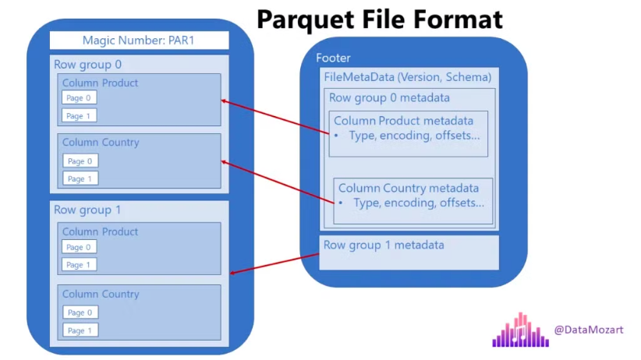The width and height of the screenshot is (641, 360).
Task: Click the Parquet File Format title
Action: click(x=380, y=18)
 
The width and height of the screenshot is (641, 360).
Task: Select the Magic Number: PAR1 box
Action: click(x=139, y=41)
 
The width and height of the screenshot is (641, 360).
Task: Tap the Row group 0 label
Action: click(x=87, y=65)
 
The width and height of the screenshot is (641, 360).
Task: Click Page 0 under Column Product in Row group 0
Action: click(x=79, y=98)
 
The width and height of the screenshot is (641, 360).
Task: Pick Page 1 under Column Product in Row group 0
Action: click(x=79, y=116)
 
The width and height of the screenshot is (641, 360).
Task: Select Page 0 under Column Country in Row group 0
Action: click(x=80, y=161)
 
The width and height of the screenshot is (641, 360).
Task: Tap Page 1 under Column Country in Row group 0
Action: click(x=80, y=178)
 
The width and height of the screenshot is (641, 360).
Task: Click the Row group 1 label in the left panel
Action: click(x=87, y=210)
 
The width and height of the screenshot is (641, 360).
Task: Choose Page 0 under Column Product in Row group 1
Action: click(x=79, y=247)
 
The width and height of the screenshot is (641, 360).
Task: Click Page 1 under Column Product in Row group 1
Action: click(x=79, y=265)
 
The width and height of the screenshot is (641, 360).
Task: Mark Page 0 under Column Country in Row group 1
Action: click(x=80, y=312)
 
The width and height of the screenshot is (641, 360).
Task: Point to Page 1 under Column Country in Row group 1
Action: click(x=80, y=330)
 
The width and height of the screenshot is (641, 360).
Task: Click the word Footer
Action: click(x=333, y=58)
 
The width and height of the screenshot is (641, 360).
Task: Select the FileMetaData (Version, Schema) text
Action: click(x=407, y=77)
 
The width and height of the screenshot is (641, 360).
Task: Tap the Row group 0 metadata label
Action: click(x=389, y=98)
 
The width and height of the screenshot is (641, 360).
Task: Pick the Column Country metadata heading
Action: click(x=409, y=189)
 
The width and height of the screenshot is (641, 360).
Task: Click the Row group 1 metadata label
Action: click(x=384, y=245)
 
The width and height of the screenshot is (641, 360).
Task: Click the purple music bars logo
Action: click(x=520, y=330)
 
